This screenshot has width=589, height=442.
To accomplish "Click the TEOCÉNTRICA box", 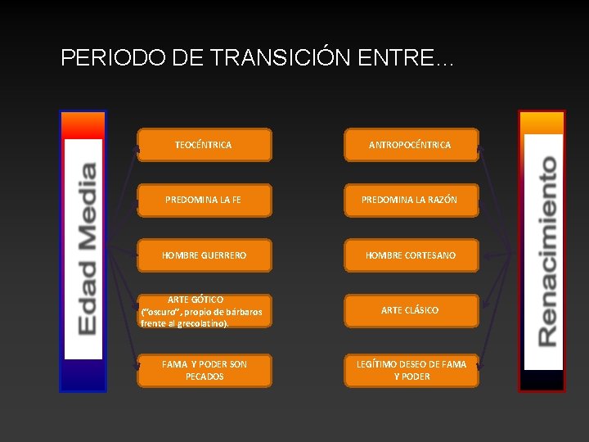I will pos(204,144).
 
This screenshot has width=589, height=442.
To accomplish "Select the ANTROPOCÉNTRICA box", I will pos(410,144).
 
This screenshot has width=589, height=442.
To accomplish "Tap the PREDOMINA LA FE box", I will pos(204,199).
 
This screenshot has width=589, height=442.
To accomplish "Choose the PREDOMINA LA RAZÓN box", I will pos(410,199).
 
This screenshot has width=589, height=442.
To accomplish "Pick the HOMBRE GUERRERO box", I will pos(204,255).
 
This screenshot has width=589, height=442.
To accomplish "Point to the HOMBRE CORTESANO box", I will pos(410,255).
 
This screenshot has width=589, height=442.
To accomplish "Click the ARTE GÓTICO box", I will pos(204,311).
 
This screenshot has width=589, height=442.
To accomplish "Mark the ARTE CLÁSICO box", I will pos(410,310).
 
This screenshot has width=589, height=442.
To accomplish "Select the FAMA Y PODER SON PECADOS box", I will pos(204,370).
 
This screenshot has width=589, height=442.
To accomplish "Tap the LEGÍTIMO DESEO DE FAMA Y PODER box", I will pos(410,370).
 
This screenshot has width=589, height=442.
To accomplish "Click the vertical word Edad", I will pos(86,301).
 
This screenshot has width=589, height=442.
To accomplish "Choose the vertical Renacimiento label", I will pos(543,250).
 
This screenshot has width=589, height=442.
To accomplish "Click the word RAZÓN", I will pos(440,200).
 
